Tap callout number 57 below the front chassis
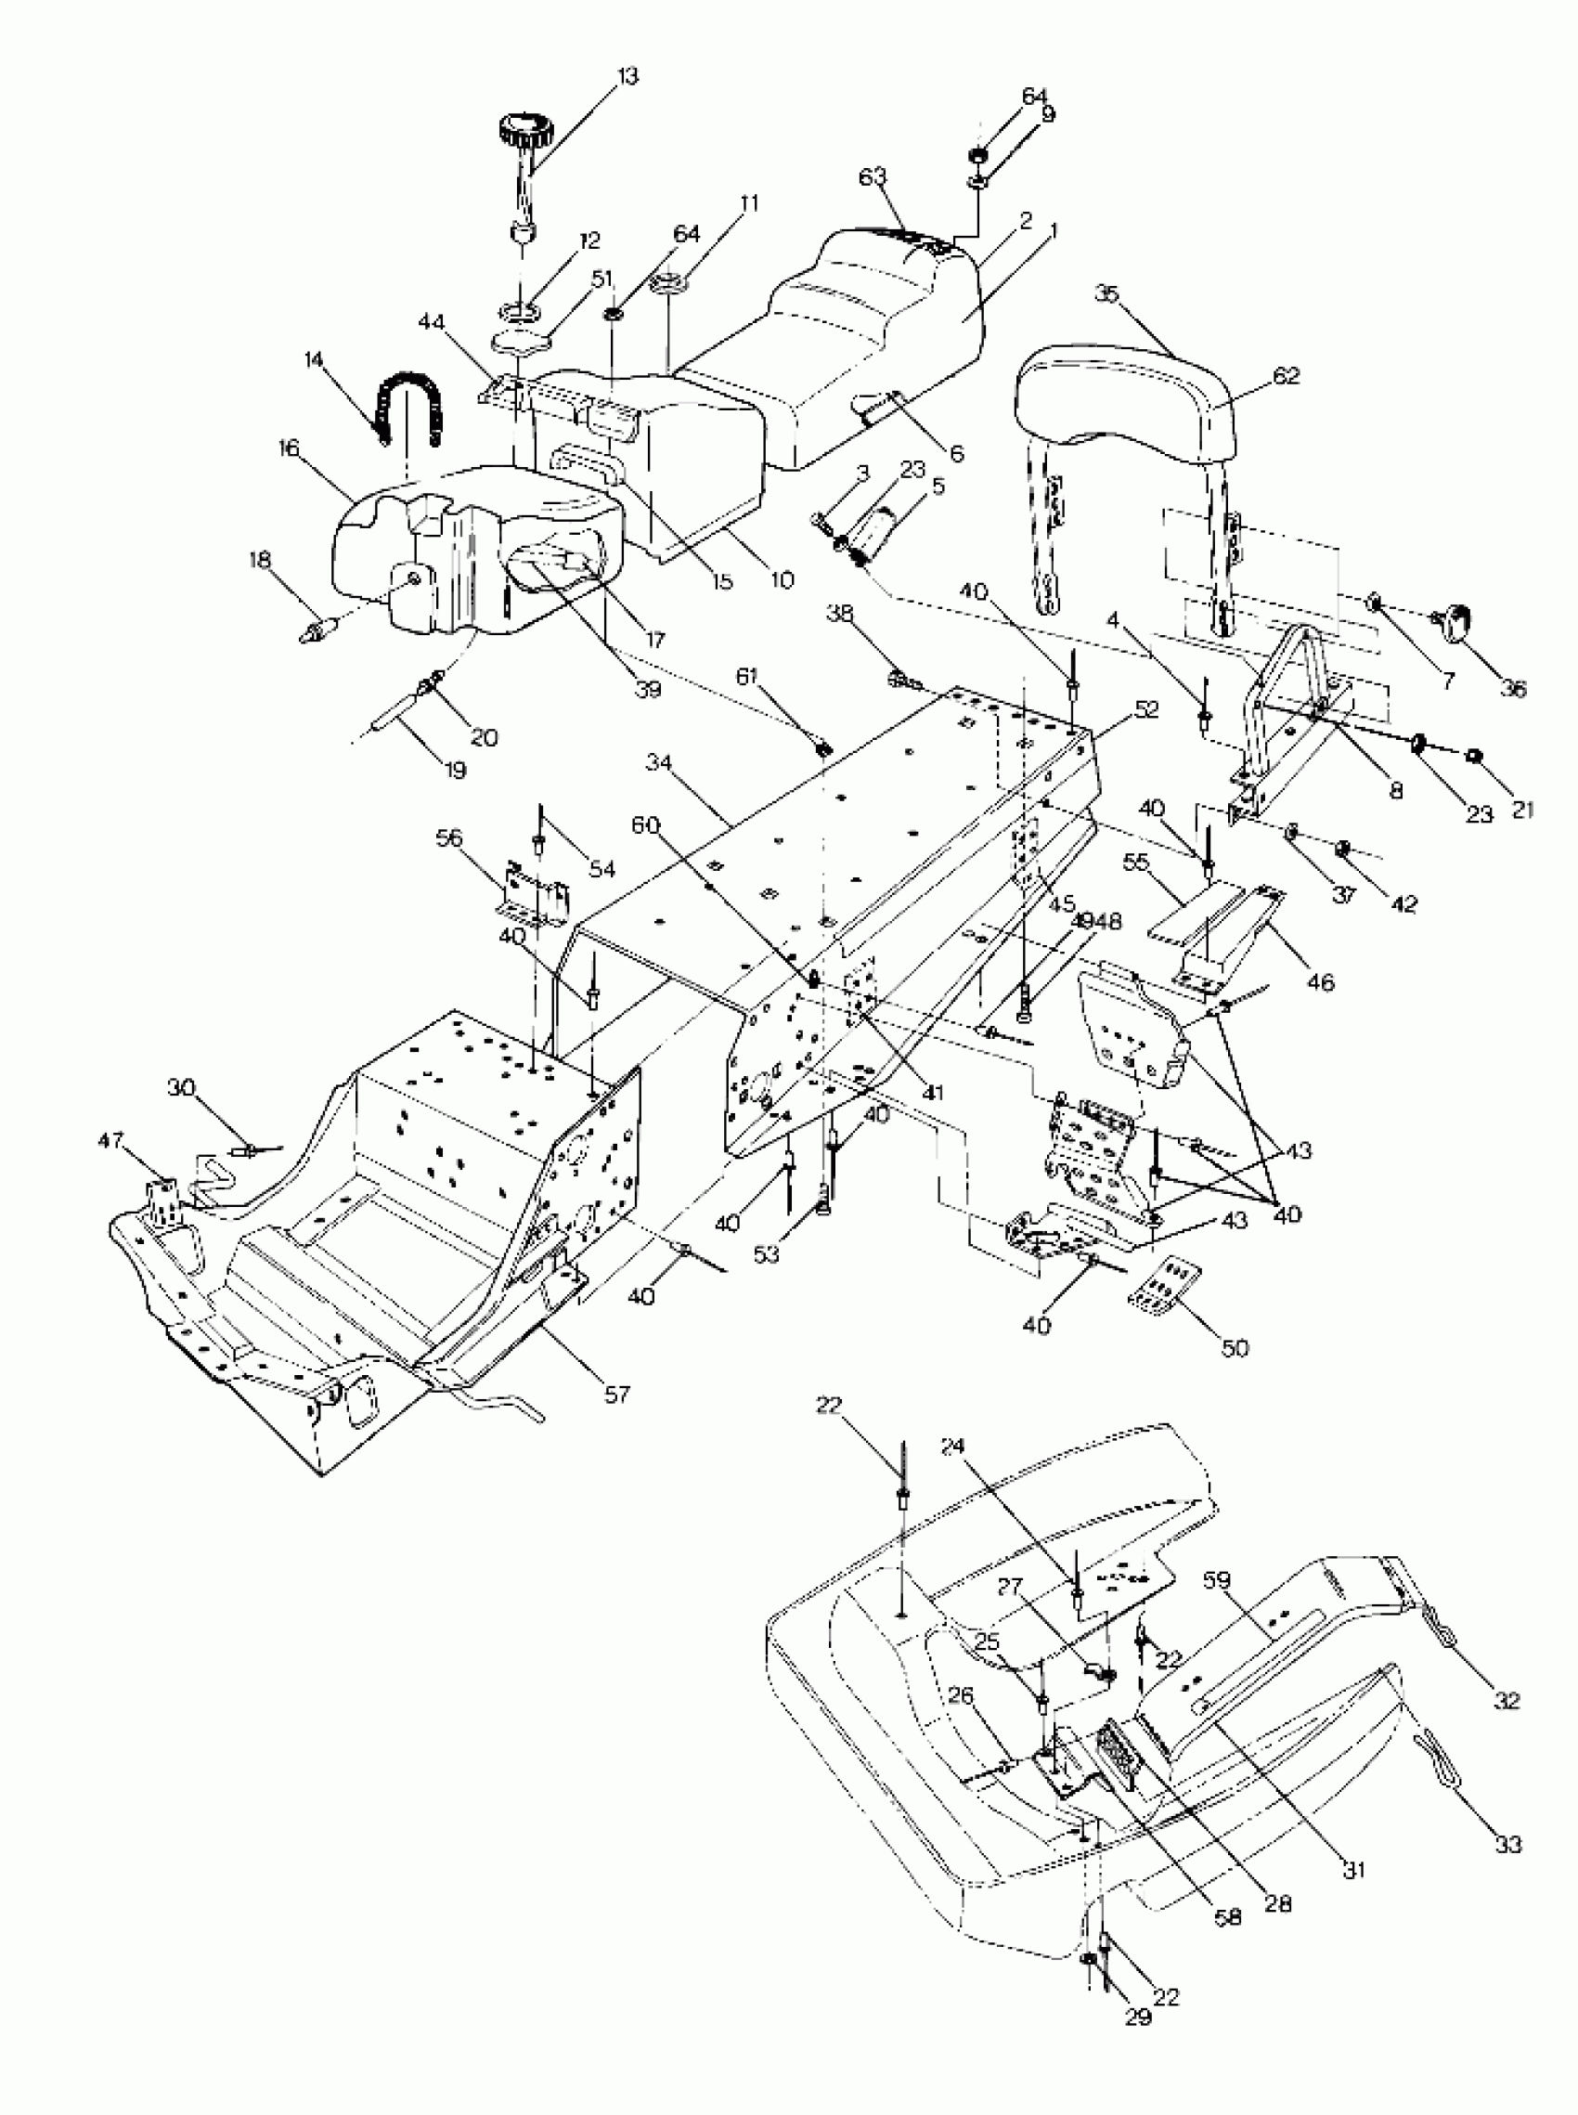coord(618,1394)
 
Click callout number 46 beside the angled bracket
coord(1322,980)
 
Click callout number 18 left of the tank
coord(260,560)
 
